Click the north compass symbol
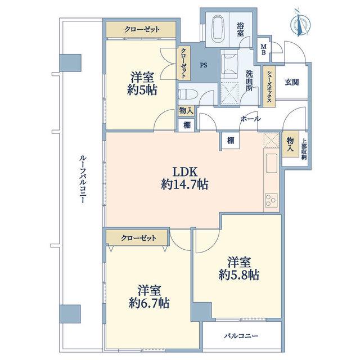(x=300, y=24)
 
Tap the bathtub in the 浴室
(x=217, y=29)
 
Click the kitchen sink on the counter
(x=271, y=163)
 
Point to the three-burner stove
(x=271, y=200)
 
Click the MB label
(x=263, y=49)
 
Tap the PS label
(x=204, y=65)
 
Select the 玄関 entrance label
(x=291, y=82)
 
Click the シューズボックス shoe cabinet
(x=269, y=87)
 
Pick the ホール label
(x=251, y=119)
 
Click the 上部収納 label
(x=304, y=149)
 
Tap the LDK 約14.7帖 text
(x=184, y=178)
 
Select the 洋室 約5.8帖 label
(x=238, y=269)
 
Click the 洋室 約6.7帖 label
(x=149, y=296)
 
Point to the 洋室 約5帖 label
(x=142, y=84)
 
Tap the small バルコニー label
(x=241, y=336)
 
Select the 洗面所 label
(x=249, y=80)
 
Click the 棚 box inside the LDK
(x=231, y=140)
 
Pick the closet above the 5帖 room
(x=141, y=29)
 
